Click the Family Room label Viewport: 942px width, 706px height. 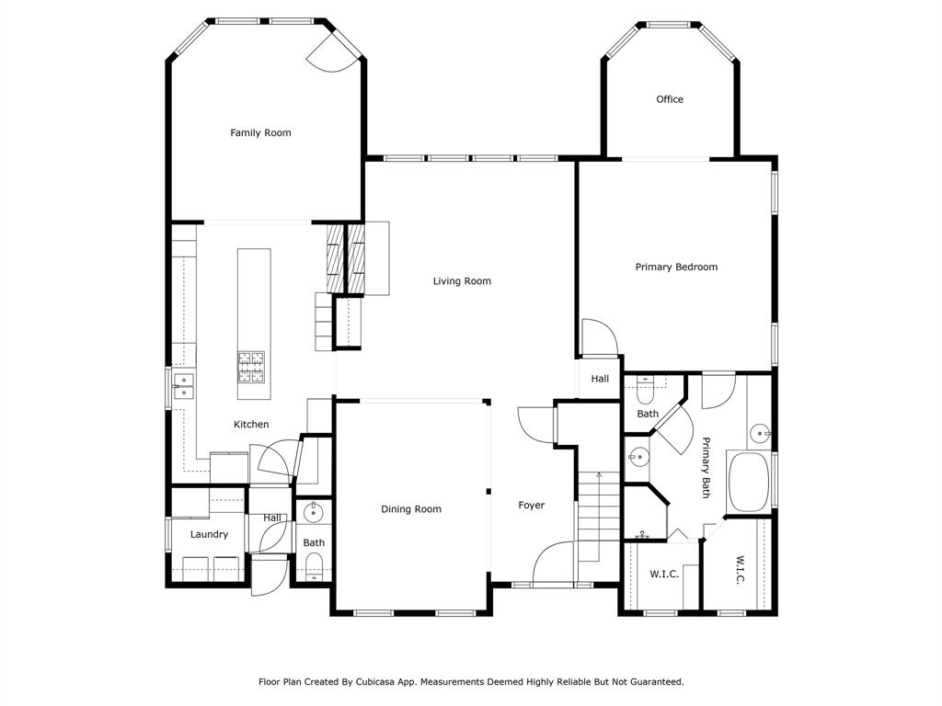point(260,132)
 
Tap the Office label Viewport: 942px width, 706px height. point(670,99)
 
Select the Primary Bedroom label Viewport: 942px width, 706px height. point(676,267)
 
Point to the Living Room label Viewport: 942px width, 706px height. point(462,281)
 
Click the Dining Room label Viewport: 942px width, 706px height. point(411,509)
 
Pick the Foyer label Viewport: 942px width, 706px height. point(531,506)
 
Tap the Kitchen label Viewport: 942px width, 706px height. point(251,425)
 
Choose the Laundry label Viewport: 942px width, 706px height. point(209,534)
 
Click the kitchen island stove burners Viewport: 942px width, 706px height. point(251,368)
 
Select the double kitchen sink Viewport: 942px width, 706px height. point(183,386)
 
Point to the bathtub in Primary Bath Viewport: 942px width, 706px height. point(749,482)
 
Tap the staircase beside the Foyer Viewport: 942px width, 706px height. point(598,517)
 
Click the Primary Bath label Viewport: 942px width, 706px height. point(706,468)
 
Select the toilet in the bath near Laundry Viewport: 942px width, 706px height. point(314,566)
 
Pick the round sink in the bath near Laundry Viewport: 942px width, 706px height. point(313,513)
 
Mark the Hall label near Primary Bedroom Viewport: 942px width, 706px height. point(600,379)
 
